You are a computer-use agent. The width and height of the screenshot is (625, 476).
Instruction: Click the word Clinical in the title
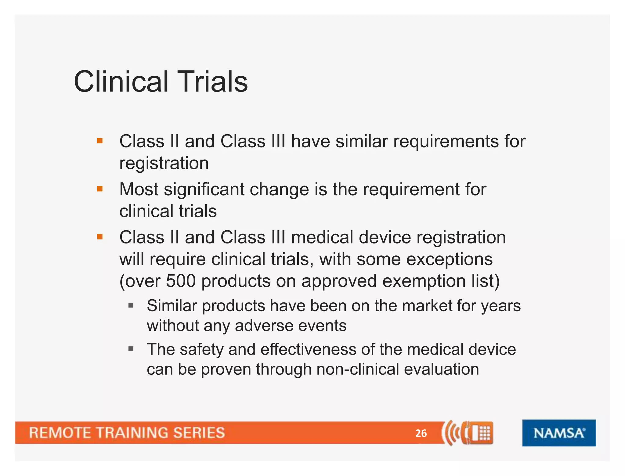(x=121, y=81)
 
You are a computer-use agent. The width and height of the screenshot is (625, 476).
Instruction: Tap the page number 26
(x=421, y=433)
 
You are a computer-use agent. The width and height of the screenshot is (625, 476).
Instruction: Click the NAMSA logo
(x=559, y=433)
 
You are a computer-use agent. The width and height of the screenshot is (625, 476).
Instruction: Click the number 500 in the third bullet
(x=181, y=281)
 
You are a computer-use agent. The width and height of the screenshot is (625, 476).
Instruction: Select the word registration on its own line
(x=164, y=163)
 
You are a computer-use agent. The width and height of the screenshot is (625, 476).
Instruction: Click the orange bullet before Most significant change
(x=100, y=189)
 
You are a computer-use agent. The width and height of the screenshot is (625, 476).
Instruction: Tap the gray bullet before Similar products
(x=131, y=305)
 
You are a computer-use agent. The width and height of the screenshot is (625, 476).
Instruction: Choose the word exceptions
(x=449, y=259)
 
